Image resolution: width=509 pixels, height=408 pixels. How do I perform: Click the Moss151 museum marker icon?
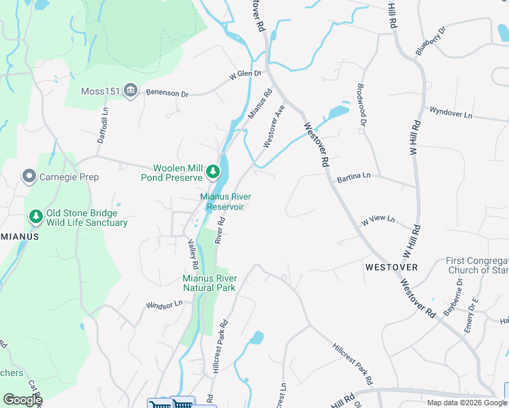click(131, 90)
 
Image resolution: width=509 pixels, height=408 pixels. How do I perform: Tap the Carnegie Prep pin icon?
click(29, 177)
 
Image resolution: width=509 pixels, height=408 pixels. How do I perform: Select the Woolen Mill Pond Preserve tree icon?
click(213, 171)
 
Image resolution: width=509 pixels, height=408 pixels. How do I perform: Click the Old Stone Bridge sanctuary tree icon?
click(35, 217)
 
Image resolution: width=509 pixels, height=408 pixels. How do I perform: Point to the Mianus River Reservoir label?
click(225, 201)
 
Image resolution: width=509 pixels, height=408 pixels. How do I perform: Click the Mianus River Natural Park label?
click(210, 283)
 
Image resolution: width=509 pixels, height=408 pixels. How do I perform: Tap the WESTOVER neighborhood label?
click(391, 267)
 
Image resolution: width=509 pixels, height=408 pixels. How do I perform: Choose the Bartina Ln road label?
click(354, 176)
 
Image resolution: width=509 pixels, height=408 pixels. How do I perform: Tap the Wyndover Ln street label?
click(450, 114)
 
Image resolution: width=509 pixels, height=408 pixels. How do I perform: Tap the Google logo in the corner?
click(22, 400)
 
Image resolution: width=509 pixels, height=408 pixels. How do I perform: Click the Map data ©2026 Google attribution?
click(461, 403)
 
